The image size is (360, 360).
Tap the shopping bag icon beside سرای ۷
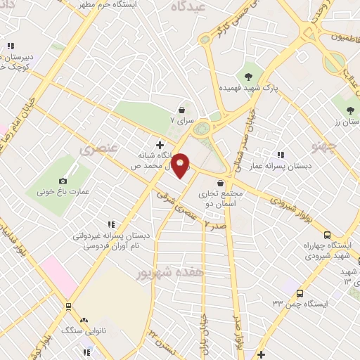point(182,110)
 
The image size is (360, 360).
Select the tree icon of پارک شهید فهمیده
point(247,77)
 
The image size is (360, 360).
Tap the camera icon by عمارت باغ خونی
point(63,161)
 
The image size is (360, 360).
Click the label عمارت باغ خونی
point(63,174)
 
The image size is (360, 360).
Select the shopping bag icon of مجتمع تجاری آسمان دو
point(221,183)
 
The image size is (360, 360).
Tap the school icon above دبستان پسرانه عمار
point(281,154)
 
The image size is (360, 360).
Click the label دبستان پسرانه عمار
point(285,166)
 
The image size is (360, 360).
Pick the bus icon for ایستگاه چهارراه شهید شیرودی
point(327,236)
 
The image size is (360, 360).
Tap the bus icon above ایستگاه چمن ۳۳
point(300,292)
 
